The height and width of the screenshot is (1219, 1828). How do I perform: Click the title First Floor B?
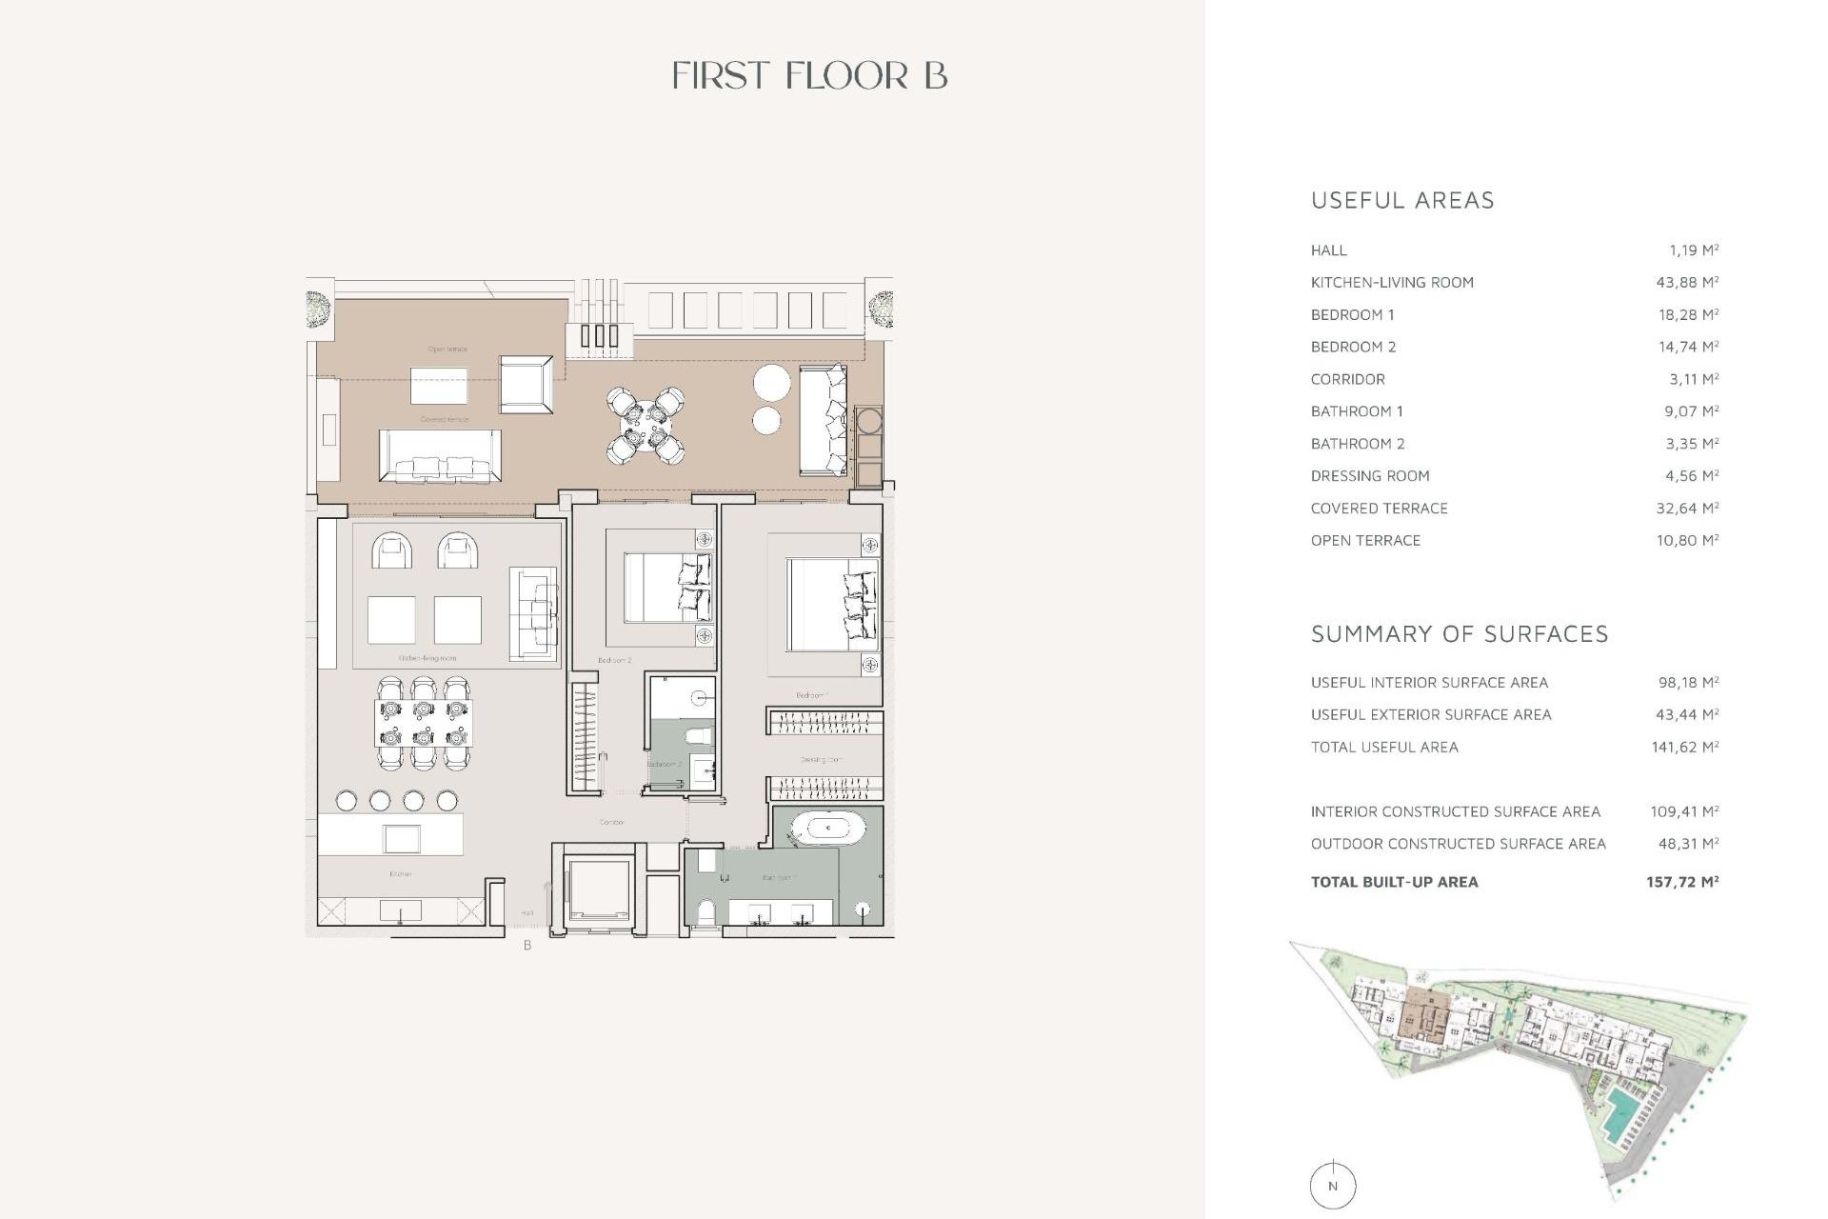tap(809, 76)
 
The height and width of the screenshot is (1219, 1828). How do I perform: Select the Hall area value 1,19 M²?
tap(1693, 250)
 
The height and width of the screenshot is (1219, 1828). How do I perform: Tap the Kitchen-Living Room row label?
tap(1391, 283)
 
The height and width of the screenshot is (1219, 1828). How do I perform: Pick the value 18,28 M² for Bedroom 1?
tap(1687, 314)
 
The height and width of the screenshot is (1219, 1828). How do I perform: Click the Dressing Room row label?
tap(1369, 476)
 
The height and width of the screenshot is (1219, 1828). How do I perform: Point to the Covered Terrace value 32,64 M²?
tap(1686, 509)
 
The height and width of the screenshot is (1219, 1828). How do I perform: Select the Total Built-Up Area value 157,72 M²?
tap(1681, 882)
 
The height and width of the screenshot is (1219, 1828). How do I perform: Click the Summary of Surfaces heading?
tap(1459, 634)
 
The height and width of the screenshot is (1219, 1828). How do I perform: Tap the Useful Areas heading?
tap(1401, 201)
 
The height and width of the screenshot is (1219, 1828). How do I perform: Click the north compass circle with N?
tap(1332, 1186)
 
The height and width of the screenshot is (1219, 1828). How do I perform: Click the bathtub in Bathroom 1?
tap(827, 828)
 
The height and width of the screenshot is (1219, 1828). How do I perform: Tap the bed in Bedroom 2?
tap(666, 588)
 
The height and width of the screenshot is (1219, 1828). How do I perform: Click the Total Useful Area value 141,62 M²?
tap(1684, 748)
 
